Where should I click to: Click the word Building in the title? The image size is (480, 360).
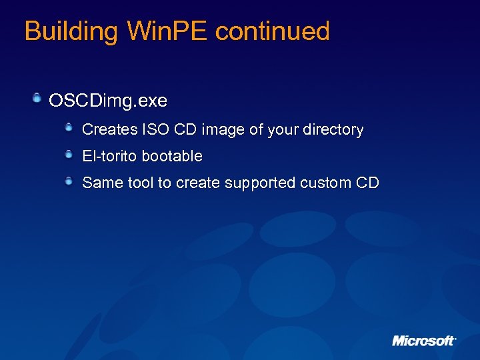point(70,31)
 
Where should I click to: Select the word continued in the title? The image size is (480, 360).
point(273,31)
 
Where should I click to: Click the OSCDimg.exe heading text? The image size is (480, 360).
point(108,101)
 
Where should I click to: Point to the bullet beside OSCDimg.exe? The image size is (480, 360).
point(39,99)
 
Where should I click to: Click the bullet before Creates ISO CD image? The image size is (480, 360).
point(69,128)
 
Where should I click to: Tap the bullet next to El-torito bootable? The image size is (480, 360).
point(69,155)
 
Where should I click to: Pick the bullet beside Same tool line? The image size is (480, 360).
point(69,181)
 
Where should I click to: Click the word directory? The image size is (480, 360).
point(333,129)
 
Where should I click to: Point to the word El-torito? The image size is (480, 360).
point(109,156)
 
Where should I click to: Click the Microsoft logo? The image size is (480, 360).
point(423,340)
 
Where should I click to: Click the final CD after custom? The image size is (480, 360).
point(369,183)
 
